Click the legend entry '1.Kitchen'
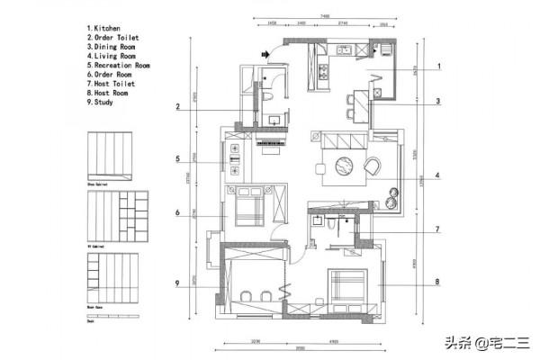click(105, 28)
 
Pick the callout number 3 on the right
click(437, 102)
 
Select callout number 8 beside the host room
click(437, 283)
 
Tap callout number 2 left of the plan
click(179, 107)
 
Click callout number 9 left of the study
click(179, 283)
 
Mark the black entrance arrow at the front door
click(265, 55)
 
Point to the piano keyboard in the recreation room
click(270, 142)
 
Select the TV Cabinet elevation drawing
click(110, 213)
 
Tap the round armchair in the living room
click(372, 166)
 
